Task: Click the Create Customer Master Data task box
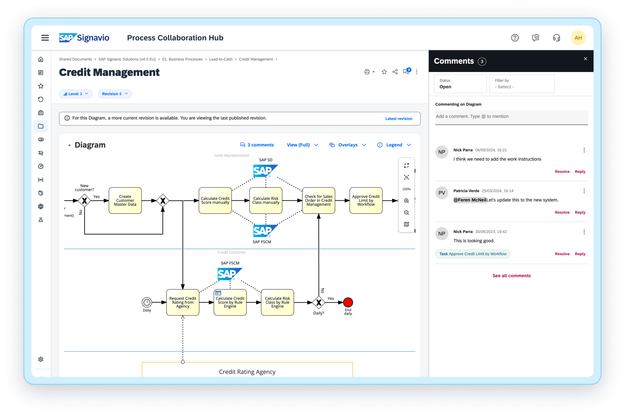(125, 200)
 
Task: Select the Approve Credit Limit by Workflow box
(366, 200)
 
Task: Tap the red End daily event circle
(348, 302)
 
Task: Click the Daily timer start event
(147, 302)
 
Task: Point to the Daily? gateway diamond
(319, 302)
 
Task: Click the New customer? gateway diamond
(85, 201)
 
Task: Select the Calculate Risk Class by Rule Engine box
(277, 302)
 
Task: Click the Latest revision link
(399, 119)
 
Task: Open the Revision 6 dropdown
(115, 94)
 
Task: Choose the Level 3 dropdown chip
(76, 94)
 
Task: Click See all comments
(511, 275)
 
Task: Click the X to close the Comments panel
(585, 59)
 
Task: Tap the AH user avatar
(578, 38)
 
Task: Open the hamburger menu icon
(45, 38)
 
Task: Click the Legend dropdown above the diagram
(394, 145)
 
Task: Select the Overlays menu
(348, 145)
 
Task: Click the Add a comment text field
(511, 117)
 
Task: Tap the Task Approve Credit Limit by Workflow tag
(473, 254)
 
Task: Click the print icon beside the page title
(367, 72)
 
